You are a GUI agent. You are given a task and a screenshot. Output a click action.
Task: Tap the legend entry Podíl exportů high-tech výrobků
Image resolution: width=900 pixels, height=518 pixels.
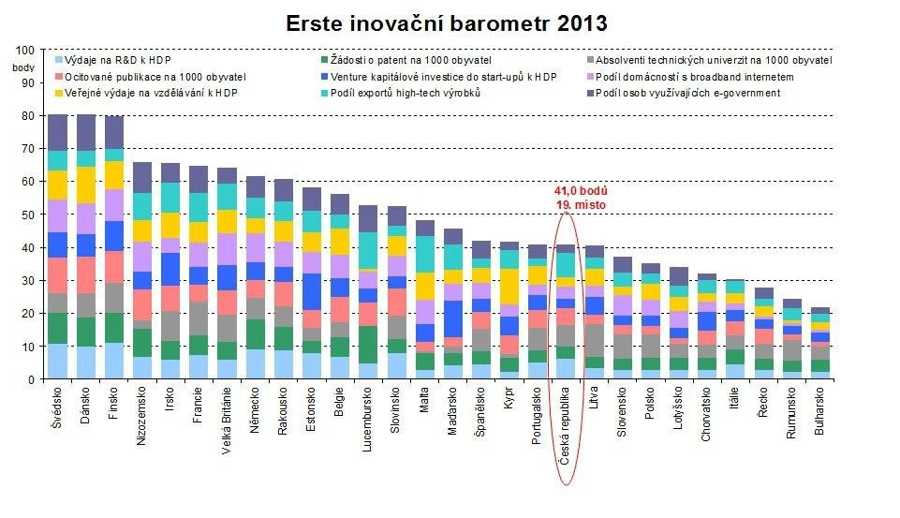406,93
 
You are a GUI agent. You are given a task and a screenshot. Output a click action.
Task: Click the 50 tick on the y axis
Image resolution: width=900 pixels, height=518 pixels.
27,215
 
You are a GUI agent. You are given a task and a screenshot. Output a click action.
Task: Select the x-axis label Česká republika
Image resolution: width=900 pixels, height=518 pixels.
566,427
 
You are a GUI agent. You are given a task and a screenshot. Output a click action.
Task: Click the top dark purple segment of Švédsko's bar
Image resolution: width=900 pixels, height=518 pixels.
58,132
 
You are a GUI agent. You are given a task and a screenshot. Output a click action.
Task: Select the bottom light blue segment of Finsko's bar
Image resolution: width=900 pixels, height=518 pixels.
113,361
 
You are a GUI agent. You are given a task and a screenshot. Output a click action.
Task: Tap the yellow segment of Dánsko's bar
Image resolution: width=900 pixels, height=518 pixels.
86,185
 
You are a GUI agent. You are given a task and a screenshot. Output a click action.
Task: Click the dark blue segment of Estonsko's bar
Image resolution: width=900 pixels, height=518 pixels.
312,291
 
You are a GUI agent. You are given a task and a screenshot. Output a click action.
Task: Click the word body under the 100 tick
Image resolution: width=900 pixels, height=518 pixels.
22,67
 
